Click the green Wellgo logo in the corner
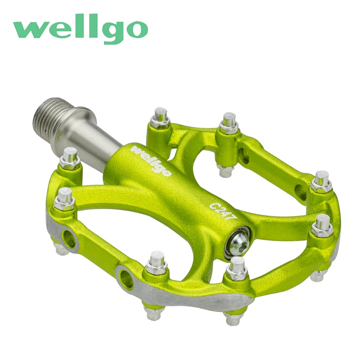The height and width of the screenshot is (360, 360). click(80, 30)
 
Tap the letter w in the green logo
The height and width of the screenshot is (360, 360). click(28, 30)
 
